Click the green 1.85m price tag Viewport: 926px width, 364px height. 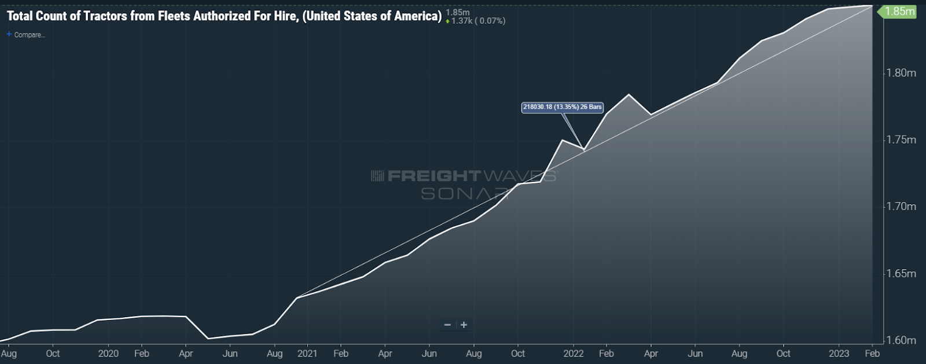899,12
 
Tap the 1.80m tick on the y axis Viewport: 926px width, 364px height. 901,73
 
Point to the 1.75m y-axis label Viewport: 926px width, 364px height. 901,139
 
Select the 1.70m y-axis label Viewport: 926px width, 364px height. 901,206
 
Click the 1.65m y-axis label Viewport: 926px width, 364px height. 901,273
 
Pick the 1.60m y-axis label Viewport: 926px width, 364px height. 901,340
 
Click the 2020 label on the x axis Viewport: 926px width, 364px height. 108,353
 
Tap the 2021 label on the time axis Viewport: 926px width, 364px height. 307,353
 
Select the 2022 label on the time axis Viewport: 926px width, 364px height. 574,353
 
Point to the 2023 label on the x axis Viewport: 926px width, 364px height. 839,353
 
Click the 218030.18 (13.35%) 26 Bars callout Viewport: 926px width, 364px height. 562,107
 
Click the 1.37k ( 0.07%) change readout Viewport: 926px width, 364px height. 477,21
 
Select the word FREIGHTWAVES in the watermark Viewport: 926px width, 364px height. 434,175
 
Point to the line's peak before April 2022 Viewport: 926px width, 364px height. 629,94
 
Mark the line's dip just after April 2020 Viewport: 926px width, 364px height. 208,339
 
